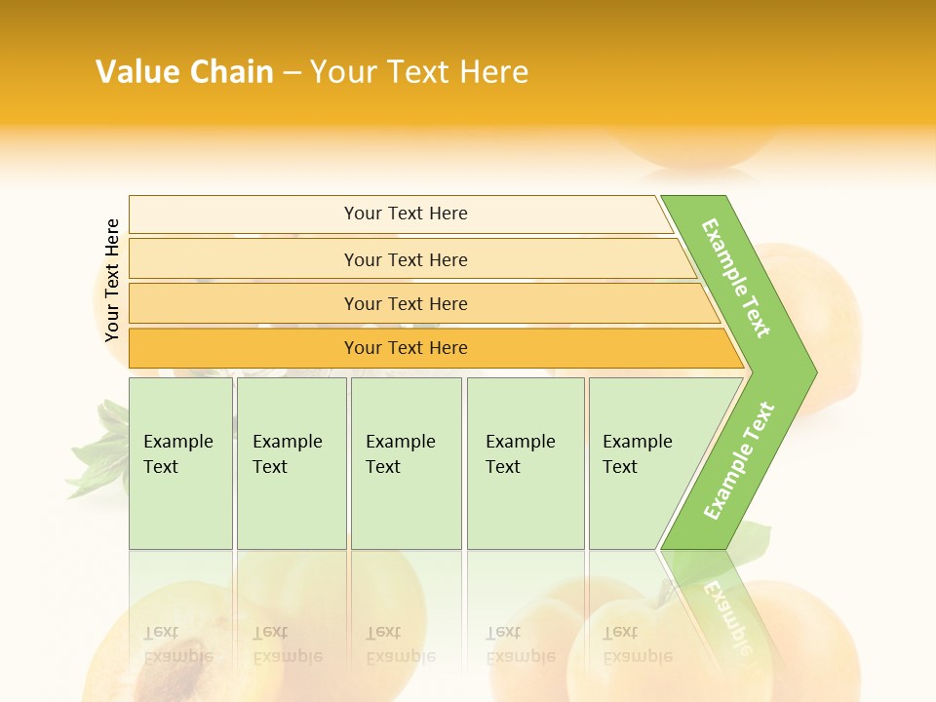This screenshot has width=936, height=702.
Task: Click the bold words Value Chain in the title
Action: point(184,72)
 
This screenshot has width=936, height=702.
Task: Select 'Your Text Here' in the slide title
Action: point(419,72)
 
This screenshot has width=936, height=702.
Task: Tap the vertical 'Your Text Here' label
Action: point(112,280)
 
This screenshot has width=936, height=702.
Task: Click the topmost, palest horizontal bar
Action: point(406,214)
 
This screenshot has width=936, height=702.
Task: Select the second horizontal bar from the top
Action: point(406,259)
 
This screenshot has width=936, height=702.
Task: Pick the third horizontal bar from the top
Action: point(406,304)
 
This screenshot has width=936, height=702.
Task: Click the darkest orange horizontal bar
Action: point(406,348)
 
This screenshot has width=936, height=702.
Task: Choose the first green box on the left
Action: point(180,463)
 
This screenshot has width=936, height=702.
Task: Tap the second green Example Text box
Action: point(291,463)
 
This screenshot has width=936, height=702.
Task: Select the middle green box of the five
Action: point(406,463)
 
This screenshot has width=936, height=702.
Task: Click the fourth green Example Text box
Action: point(526,463)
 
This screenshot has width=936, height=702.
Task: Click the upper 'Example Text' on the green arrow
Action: point(737,278)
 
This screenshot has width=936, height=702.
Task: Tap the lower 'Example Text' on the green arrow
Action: point(739,460)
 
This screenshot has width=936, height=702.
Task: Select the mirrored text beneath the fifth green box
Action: point(637,644)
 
